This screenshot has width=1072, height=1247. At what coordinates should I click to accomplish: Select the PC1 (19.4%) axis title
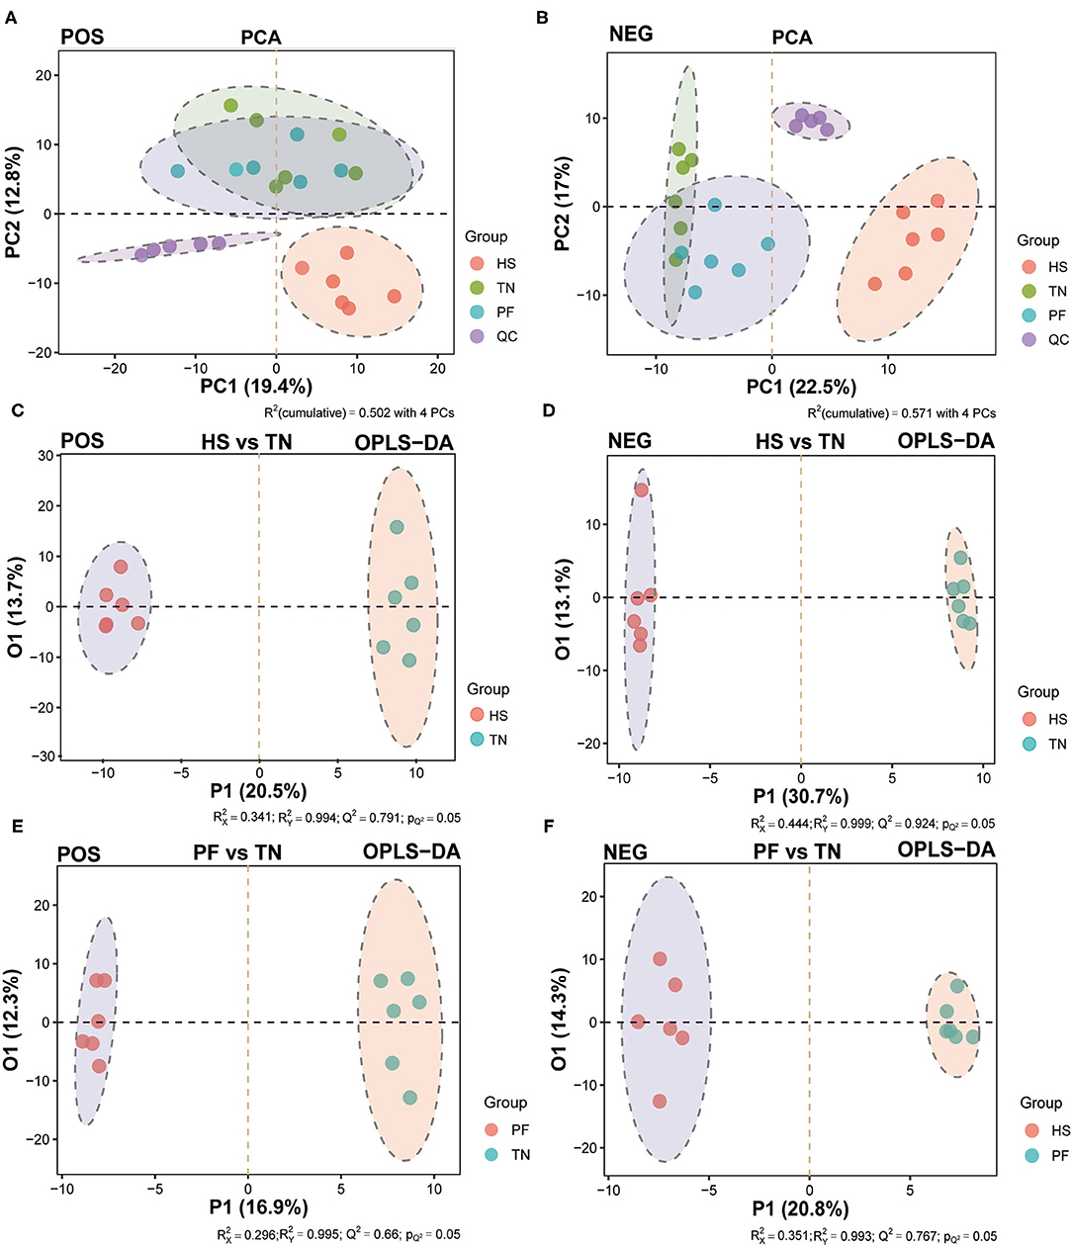click(256, 386)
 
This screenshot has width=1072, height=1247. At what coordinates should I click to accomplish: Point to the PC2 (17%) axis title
click(563, 204)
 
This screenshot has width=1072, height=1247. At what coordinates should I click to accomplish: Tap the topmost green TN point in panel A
click(230, 106)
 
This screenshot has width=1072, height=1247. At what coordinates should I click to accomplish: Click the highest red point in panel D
click(641, 490)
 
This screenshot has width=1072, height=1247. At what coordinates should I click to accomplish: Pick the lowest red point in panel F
click(660, 1101)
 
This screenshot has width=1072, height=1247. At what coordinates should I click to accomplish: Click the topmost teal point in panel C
click(397, 527)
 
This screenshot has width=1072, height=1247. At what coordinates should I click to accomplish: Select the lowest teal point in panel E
click(409, 1098)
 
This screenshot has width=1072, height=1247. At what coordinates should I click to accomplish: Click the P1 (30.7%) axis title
click(800, 797)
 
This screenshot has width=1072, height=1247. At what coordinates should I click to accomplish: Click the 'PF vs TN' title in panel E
click(237, 852)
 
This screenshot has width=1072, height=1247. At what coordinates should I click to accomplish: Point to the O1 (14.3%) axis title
click(561, 1022)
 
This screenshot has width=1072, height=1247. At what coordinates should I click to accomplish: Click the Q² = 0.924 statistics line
click(872, 824)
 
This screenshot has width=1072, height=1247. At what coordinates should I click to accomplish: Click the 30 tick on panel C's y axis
click(45, 456)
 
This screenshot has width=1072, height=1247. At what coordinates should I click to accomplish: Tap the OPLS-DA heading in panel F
click(946, 849)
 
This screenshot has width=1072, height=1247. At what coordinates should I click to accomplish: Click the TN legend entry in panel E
click(520, 1154)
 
